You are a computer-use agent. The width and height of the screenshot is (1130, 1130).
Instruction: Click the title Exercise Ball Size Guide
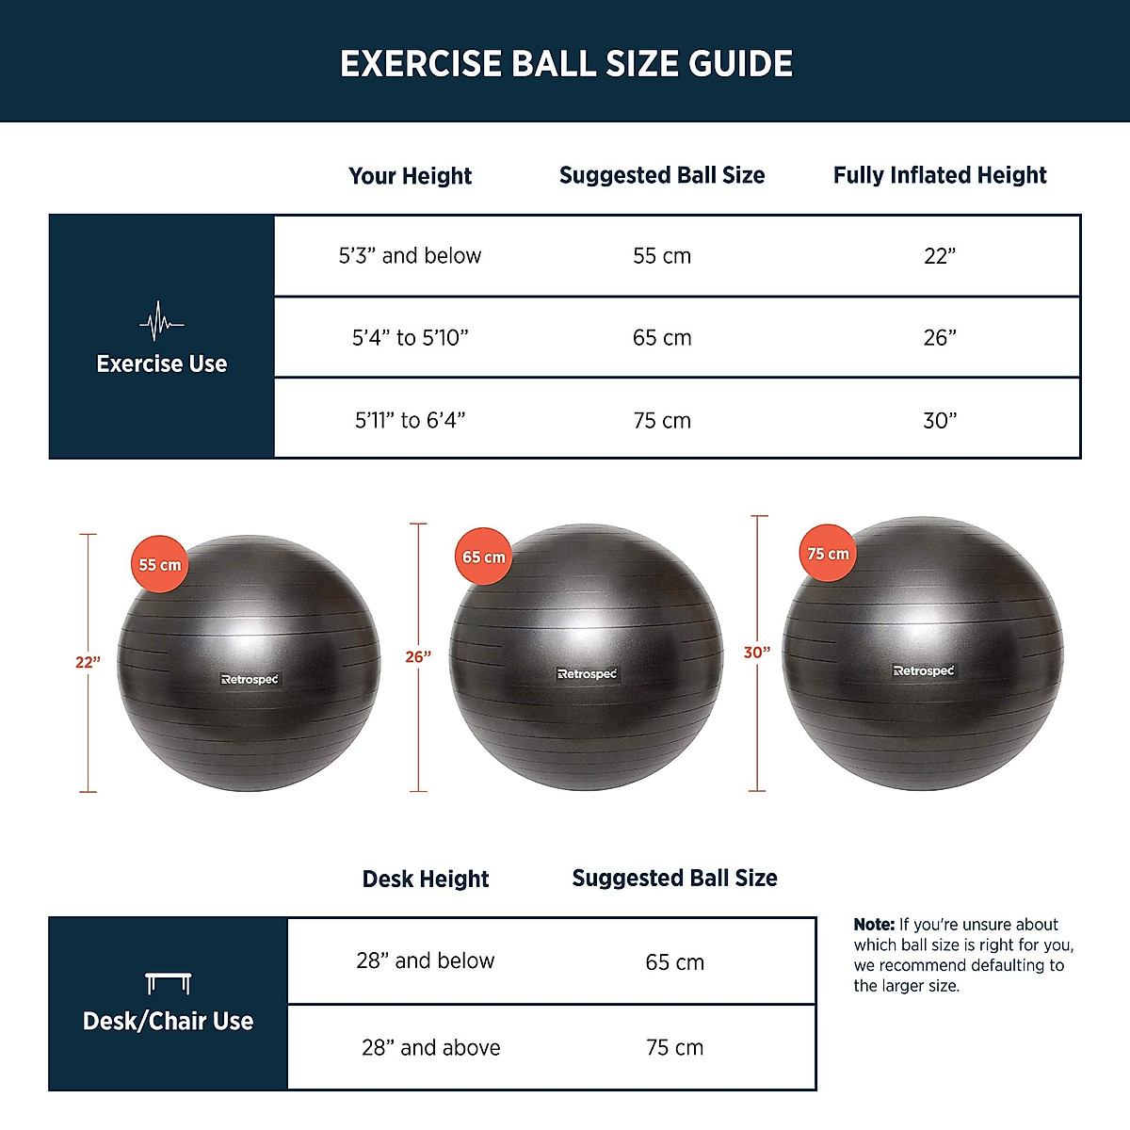click(566, 64)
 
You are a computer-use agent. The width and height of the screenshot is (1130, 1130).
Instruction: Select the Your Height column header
click(410, 176)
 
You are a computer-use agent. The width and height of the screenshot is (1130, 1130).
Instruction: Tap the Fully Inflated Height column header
click(940, 175)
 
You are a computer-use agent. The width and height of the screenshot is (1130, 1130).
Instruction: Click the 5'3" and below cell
click(410, 256)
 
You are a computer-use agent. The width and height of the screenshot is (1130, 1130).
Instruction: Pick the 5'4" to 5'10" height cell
click(411, 338)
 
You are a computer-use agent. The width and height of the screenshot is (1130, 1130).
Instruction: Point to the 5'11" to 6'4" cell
click(411, 420)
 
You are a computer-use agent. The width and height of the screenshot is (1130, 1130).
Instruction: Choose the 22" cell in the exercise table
click(940, 256)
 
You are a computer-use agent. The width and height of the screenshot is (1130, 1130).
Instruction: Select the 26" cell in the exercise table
click(940, 338)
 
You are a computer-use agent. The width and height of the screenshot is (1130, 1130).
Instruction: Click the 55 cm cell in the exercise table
click(662, 256)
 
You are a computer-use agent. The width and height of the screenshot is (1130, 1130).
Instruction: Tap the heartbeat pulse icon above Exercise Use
click(162, 323)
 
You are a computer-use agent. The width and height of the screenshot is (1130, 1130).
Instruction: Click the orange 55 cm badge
click(160, 565)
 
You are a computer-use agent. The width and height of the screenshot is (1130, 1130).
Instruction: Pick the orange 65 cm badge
click(483, 557)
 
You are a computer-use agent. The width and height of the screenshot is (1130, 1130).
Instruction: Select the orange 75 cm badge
click(828, 554)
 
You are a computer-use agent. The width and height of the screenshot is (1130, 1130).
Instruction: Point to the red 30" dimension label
click(757, 653)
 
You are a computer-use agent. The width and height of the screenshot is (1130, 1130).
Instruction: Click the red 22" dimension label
click(88, 663)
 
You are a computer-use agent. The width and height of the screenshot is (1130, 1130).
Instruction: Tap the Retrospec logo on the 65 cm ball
click(588, 674)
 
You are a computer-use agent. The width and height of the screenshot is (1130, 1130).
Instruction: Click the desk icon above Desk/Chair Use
click(169, 983)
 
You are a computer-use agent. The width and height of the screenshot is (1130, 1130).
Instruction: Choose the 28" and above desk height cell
click(430, 1048)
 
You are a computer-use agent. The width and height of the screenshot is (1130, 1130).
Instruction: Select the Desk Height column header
click(426, 880)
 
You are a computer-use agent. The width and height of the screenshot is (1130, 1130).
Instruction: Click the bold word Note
click(874, 925)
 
